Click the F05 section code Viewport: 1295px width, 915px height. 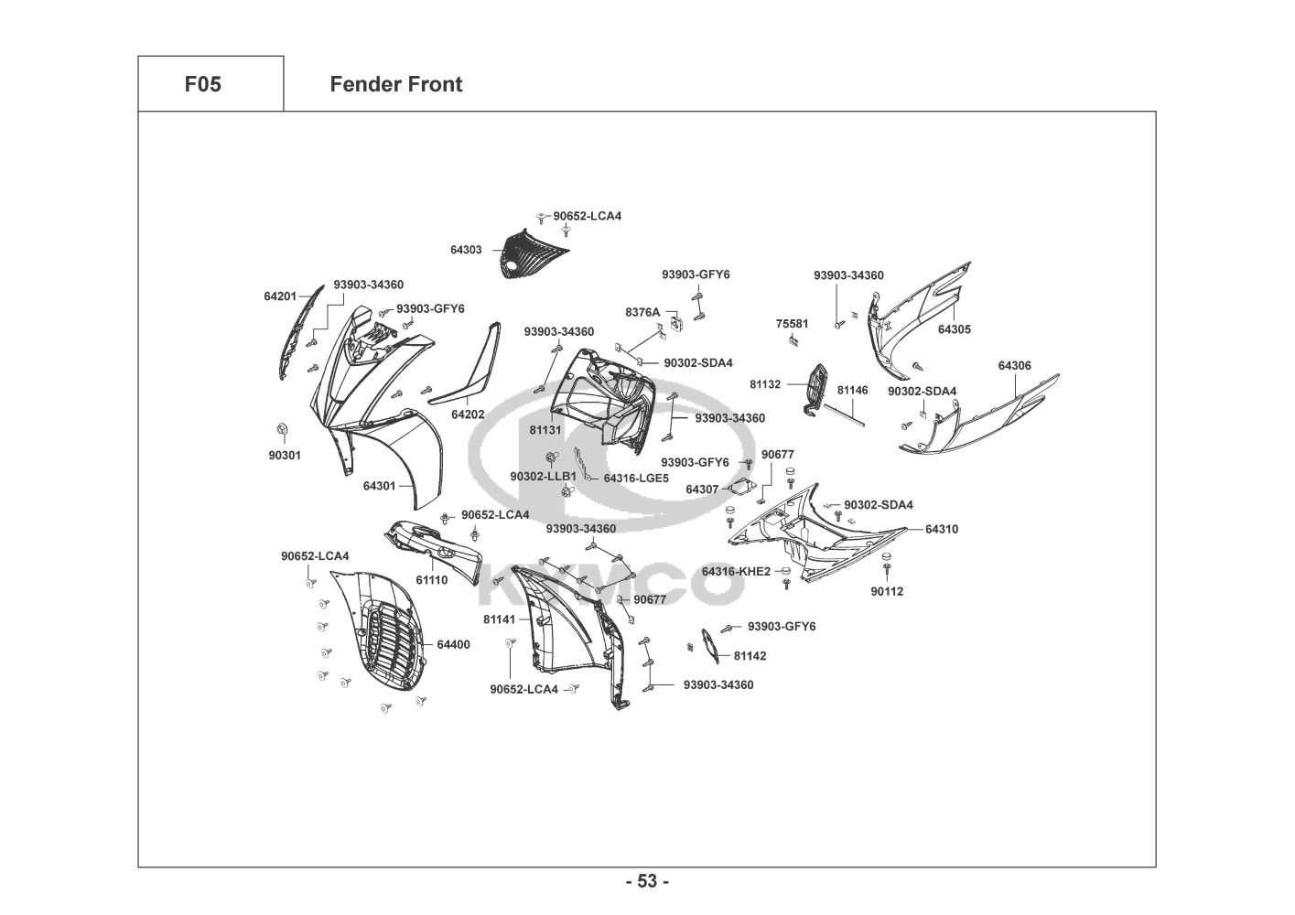pos(202,84)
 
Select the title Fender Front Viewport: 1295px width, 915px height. pos(395,84)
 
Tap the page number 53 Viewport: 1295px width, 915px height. pos(647,881)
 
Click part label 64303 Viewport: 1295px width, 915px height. pos(466,250)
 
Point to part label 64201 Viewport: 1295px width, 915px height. pos(280,296)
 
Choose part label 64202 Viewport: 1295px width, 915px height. pos(468,414)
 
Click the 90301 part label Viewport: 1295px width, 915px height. pos(285,455)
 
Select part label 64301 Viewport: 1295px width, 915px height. pos(379,486)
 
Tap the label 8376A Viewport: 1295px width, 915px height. pos(642,312)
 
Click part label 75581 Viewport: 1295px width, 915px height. pos(793,324)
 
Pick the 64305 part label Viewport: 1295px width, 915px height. pos(955,329)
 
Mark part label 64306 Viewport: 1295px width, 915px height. pos(1014,366)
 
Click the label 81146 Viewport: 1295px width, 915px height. pos(852,390)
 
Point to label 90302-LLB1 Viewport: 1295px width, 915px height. pos(543,477)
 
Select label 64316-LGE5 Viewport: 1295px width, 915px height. pos(636,478)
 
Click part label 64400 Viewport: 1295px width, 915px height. pos(453,644)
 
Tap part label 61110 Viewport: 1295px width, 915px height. pos(432,580)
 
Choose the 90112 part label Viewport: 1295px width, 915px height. pos(887,591)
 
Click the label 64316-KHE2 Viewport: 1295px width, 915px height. pos(736,572)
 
